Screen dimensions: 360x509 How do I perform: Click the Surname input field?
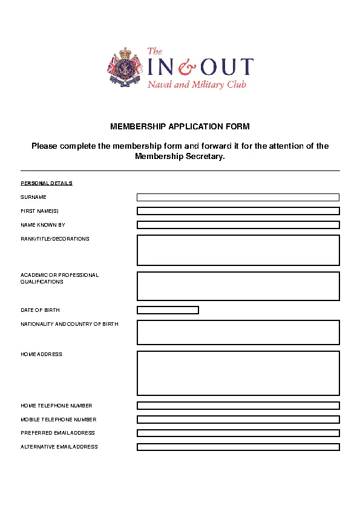pyautogui.click(x=238, y=197)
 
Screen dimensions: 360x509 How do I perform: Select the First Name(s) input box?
pyautogui.click(x=238, y=211)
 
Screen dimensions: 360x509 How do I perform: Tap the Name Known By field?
pyautogui.click(x=238, y=225)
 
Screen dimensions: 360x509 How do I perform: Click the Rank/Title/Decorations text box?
pyautogui.click(x=238, y=250)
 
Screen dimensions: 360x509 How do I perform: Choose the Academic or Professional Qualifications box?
pyautogui.click(x=238, y=286)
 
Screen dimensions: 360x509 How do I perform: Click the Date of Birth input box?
pyautogui.click(x=168, y=310)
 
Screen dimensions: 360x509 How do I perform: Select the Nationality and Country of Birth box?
pyautogui.click(x=238, y=332)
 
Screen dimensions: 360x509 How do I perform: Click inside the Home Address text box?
pyautogui.click(x=238, y=373)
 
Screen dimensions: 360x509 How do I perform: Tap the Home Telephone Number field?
pyautogui.click(x=238, y=406)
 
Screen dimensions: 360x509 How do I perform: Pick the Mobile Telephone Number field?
pyautogui.click(x=238, y=420)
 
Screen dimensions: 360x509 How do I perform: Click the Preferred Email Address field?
pyautogui.click(x=238, y=433)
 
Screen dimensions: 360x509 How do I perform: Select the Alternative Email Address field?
pyautogui.click(x=238, y=447)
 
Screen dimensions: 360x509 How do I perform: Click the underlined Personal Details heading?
pyautogui.click(x=47, y=183)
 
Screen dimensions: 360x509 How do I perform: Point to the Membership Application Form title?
pyautogui.click(x=180, y=127)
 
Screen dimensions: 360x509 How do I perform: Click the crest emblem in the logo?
pyautogui.click(x=125, y=68)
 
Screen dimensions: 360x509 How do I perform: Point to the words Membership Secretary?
pyautogui.click(x=179, y=157)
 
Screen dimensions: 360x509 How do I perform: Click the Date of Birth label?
pyautogui.click(x=40, y=310)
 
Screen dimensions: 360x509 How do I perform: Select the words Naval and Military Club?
pyautogui.click(x=197, y=85)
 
